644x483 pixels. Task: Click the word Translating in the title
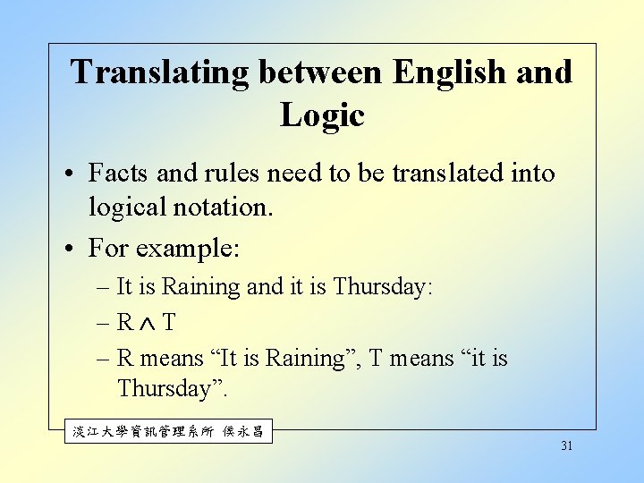tap(160, 72)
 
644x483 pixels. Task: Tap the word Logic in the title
tap(322, 114)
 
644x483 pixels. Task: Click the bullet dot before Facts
tap(75, 174)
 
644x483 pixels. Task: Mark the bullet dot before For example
tap(75, 249)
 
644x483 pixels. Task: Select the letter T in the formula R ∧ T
tap(169, 322)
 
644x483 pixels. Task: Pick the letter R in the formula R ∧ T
tap(125, 322)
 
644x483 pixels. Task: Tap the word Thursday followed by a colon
tap(382, 286)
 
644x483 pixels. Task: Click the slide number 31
tap(566, 445)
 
